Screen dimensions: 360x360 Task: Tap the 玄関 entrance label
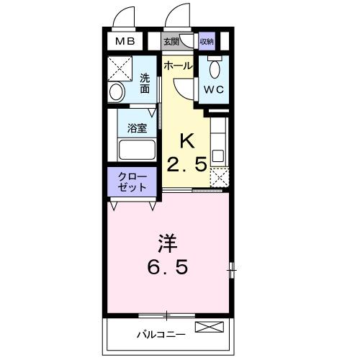pos(171,42)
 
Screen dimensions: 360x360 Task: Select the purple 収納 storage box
pos(207,42)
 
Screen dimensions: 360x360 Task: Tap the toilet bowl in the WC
pos(215,68)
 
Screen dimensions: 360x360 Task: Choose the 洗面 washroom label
pos(145,84)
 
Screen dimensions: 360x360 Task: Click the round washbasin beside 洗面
pos(117,92)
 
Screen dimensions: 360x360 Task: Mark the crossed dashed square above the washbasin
pos(118,69)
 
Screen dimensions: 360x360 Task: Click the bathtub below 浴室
pos(137,151)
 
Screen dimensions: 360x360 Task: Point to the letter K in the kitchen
pos(187,140)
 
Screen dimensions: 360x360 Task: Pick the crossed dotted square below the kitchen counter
pos(220,177)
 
